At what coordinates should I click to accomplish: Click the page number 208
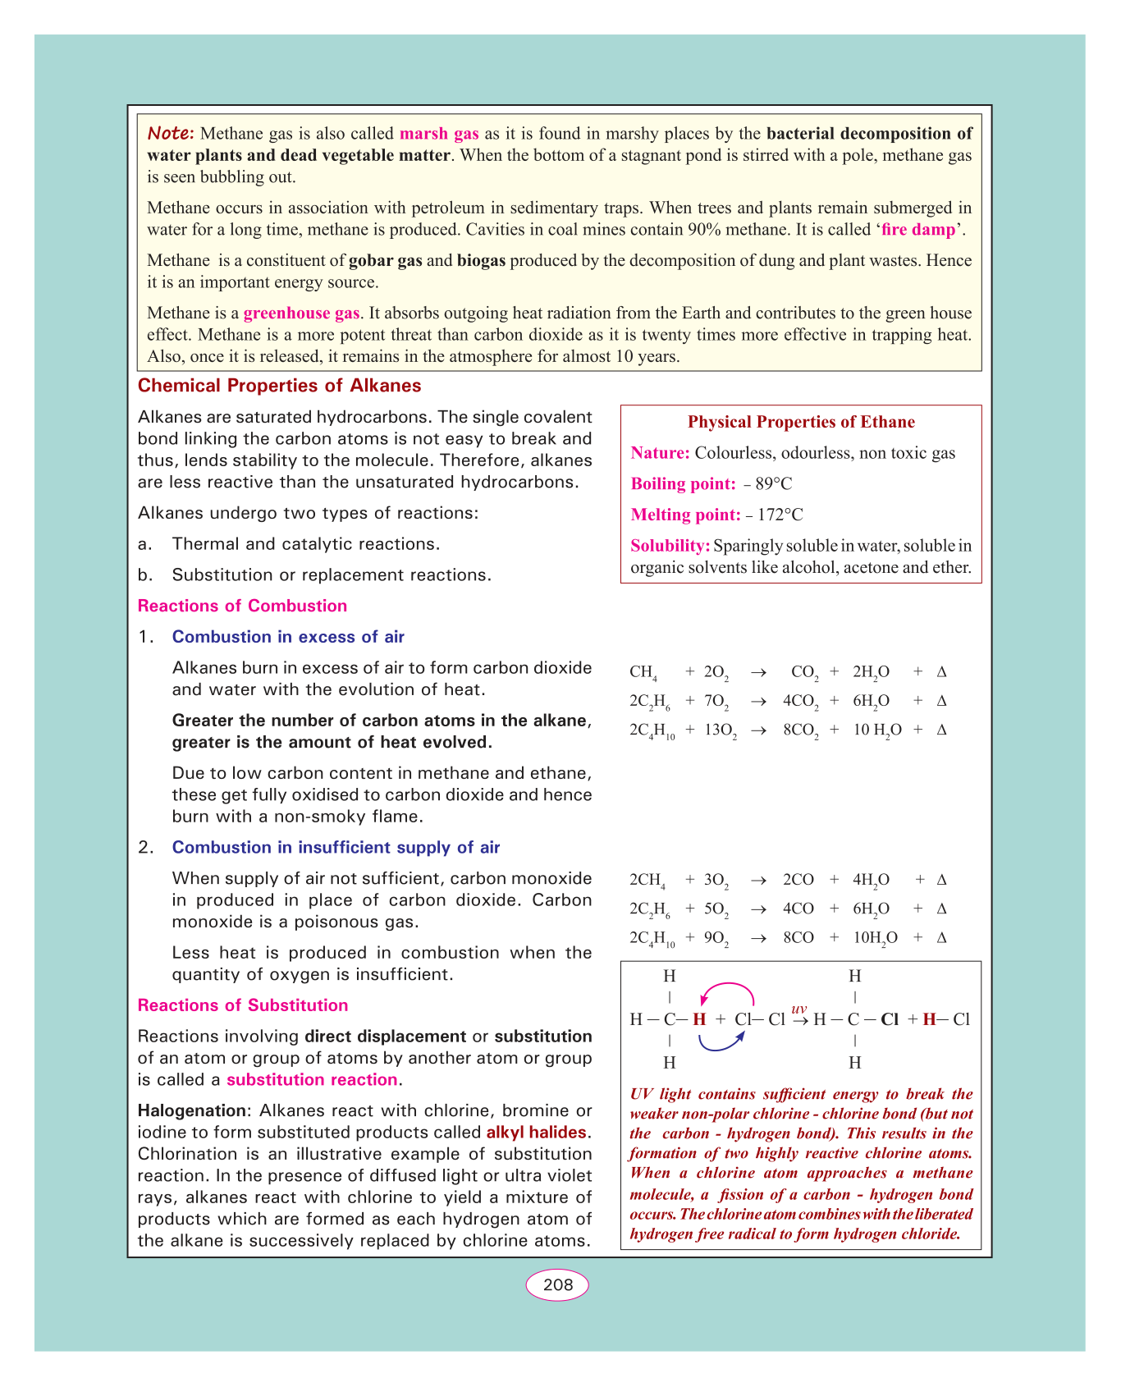coord(557,1284)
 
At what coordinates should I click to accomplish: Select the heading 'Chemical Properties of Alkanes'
coord(279,386)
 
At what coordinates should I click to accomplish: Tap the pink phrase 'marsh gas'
coord(439,134)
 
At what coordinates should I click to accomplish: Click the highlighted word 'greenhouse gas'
coord(301,313)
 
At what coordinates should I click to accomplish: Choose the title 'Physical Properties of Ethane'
coord(801,422)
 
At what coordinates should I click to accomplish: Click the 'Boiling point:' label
coord(683,483)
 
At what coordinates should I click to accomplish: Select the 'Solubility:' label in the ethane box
coord(670,546)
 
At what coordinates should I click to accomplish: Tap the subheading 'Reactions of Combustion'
coord(242,606)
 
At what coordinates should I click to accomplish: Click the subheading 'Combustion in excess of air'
coord(288,637)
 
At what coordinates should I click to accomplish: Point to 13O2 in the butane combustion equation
coord(721,730)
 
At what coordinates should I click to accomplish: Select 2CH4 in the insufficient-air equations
coord(647,881)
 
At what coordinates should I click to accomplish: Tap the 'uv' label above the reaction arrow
coord(799,1008)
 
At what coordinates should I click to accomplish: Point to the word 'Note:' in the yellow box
coord(171,133)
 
